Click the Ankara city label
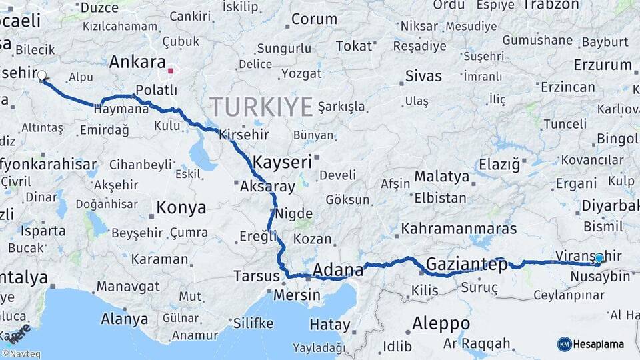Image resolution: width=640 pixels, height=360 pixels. click(x=137, y=62)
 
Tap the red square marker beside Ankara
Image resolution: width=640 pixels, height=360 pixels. click(x=171, y=70)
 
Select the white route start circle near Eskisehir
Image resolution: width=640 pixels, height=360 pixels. click(x=42, y=75)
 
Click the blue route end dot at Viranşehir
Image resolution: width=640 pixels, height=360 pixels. click(x=599, y=258)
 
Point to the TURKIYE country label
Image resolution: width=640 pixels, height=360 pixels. click(x=261, y=106)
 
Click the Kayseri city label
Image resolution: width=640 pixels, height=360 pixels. click(x=283, y=162)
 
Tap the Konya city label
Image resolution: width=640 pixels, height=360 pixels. click(x=181, y=208)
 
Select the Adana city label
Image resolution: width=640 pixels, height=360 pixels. click(x=338, y=270)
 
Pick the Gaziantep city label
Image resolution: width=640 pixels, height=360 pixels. click(x=467, y=263)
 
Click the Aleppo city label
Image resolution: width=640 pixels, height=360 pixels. click(x=441, y=323)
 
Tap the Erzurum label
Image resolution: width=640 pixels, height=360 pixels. click(x=602, y=65)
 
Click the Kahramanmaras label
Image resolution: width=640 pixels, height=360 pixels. click(x=459, y=229)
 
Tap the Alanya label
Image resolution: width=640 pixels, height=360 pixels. click(x=125, y=319)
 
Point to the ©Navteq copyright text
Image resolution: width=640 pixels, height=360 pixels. click(x=21, y=354)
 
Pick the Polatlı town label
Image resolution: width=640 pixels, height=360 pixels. click(x=156, y=89)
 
